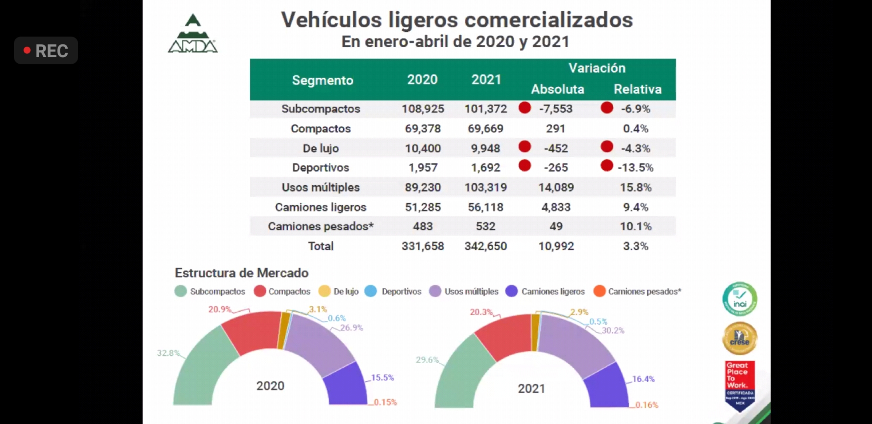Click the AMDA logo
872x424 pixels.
[x=192, y=35]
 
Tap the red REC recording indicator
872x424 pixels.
[x=46, y=51]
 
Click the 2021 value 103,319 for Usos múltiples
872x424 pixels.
[x=485, y=187]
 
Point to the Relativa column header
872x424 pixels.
[x=637, y=89]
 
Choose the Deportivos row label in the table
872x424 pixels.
[x=321, y=168]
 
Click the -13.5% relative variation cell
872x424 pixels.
[x=635, y=168]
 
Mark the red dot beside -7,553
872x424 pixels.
[x=525, y=108]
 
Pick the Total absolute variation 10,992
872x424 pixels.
[x=556, y=246]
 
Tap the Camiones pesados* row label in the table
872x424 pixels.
[x=321, y=227]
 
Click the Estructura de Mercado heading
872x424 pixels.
[x=242, y=273]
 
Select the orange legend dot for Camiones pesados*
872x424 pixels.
[x=599, y=291]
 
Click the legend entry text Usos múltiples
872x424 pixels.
[x=471, y=292]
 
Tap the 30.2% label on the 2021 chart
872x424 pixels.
[x=613, y=331]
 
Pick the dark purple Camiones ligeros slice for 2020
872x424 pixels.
[x=346, y=385]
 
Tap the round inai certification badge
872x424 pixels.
[x=740, y=299]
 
